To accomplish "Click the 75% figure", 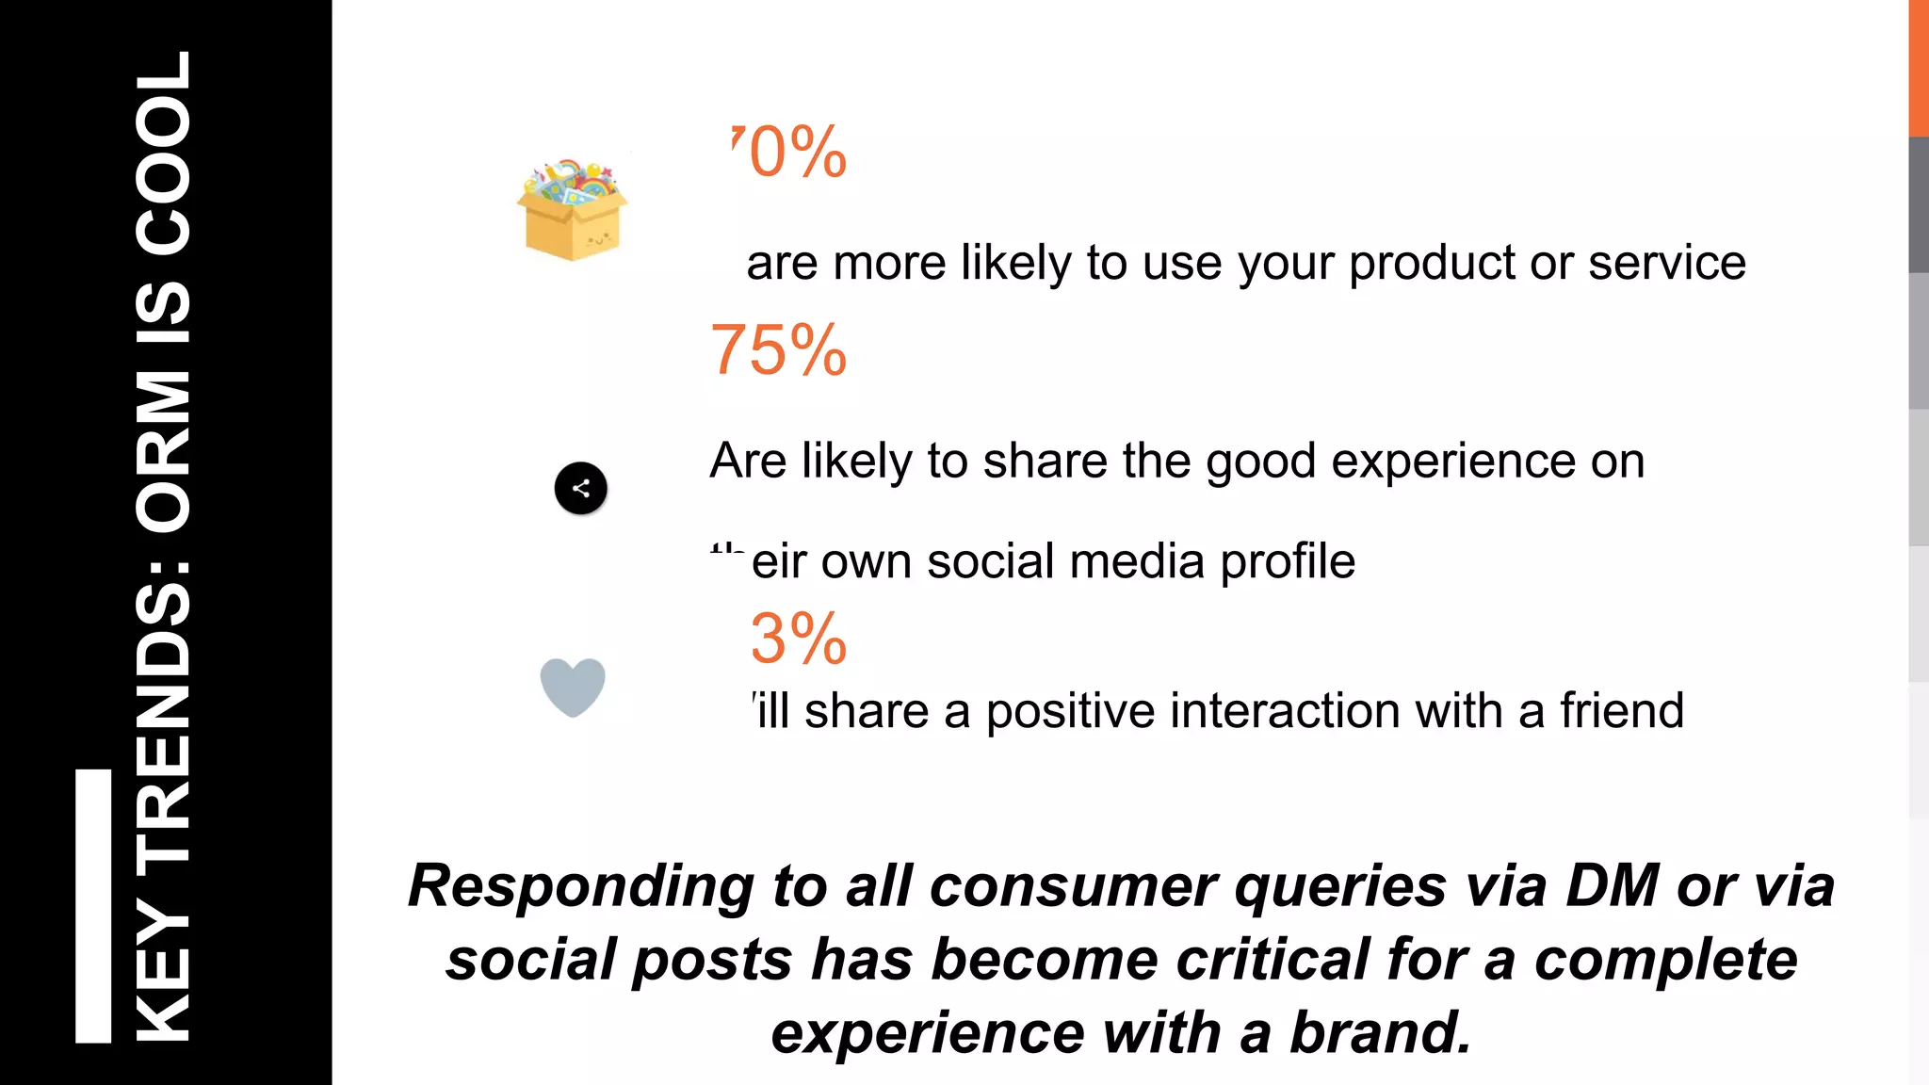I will pos(778,350).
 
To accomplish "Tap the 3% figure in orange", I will pos(798,639).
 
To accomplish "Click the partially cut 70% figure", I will pos(789,152).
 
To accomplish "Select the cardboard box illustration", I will pos(572,211).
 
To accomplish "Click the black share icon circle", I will pos(580,488).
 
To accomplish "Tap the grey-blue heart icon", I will pos(573,687).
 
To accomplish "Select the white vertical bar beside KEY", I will pos(93,906).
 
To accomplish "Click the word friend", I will pos(1621,710).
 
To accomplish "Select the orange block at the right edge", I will pos(1918,68).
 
